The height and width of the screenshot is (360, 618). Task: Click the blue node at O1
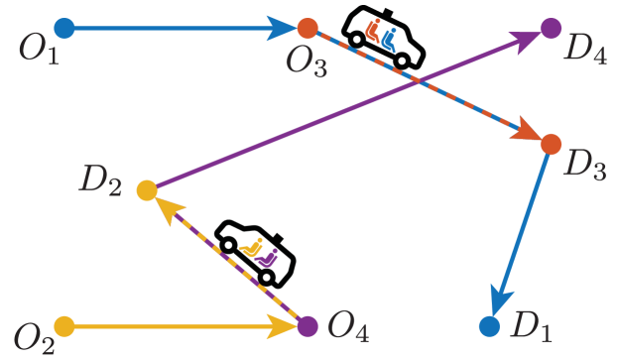pos(63,28)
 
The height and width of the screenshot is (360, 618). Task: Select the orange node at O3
pos(308,28)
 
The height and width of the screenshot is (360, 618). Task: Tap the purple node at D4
pos(551,28)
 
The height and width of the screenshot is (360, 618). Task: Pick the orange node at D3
pos(551,144)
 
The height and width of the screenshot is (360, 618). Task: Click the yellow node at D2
pos(146,189)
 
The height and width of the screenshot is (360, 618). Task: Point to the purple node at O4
pos(308,324)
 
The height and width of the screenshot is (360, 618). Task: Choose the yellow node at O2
pos(63,324)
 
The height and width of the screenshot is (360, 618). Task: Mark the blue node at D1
pos(488,324)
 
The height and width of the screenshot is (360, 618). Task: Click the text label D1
pos(530,325)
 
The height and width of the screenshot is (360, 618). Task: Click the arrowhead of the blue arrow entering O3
pos(284,28)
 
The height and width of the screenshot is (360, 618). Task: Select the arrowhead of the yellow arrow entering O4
pos(284,324)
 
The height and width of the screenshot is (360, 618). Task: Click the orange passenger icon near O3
pos(373,31)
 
